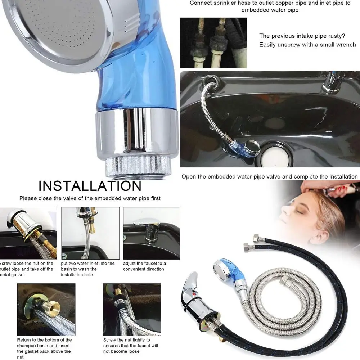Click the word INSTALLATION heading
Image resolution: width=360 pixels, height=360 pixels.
tap(90, 186)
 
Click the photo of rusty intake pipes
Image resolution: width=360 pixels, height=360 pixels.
tap(213, 43)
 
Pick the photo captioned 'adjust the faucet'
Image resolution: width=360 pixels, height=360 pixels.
tap(151, 233)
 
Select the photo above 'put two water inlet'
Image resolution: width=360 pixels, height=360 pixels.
tap(90, 233)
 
